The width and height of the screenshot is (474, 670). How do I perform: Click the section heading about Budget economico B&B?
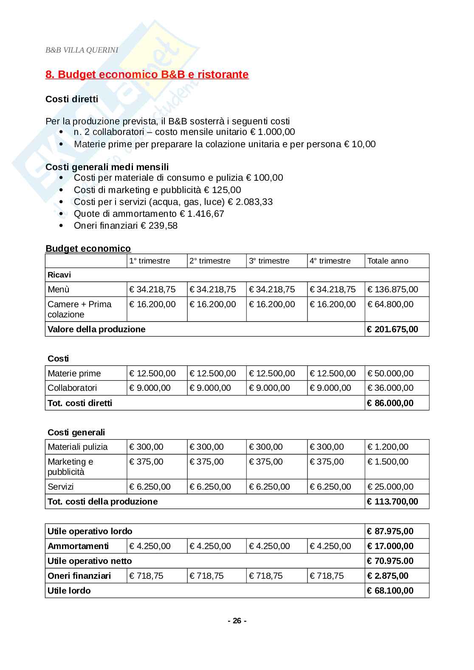(147, 75)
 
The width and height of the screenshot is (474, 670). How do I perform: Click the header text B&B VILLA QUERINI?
(82, 50)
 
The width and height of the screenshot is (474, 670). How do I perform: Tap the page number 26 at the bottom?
(237, 621)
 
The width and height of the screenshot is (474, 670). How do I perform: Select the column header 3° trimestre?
(269, 261)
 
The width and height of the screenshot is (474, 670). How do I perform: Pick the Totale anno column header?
(387, 261)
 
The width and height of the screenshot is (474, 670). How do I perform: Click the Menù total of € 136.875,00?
(392, 289)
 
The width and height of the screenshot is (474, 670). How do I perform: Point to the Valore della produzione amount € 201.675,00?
(392, 329)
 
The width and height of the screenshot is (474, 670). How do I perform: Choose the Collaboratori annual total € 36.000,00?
(390, 388)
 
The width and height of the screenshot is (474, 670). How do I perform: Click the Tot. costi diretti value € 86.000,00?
(390, 403)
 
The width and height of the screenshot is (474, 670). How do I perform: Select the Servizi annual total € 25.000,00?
(390, 487)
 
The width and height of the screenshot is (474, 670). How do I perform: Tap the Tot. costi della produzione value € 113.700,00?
(392, 502)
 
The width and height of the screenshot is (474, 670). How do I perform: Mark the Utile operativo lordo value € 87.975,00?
(390, 531)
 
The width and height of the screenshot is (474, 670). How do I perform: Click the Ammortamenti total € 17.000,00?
(390, 546)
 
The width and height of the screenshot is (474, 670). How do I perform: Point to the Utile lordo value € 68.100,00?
(390, 591)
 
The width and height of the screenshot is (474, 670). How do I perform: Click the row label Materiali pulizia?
(78, 447)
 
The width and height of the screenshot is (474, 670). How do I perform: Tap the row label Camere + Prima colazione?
(79, 309)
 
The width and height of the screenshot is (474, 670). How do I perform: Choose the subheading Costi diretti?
(72, 99)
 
